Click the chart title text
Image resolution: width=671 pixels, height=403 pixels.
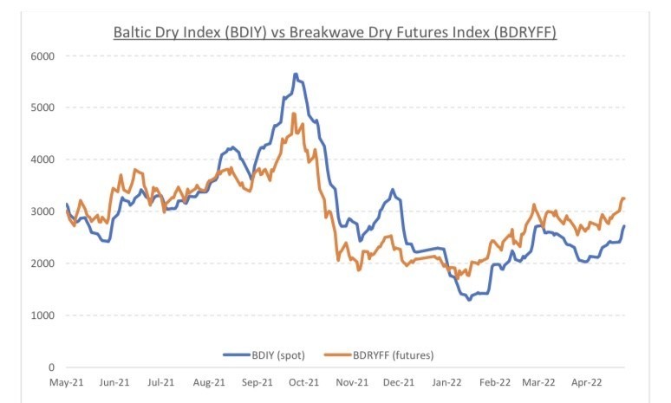point(335,32)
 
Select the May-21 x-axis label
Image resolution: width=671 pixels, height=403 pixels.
point(67,381)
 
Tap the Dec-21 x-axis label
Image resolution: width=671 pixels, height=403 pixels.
point(399,381)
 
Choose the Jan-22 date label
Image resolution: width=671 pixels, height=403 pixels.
point(446,381)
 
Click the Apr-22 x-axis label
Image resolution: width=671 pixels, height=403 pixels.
point(589,381)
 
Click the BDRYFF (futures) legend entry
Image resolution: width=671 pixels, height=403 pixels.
point(382,354)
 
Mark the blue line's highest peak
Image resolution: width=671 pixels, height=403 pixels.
point(296,74)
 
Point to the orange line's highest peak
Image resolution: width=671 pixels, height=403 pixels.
point(294,114)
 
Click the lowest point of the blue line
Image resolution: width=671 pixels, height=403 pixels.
point(469,299)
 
